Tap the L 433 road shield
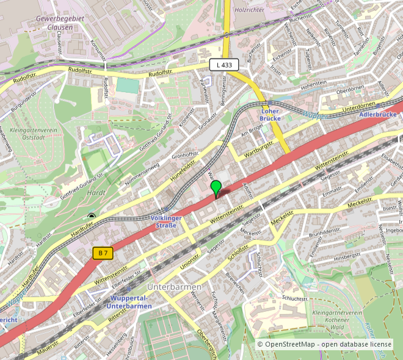(224, 64)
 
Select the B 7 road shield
(104, 252)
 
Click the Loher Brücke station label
(269, 115)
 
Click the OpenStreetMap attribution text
(324, 345)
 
